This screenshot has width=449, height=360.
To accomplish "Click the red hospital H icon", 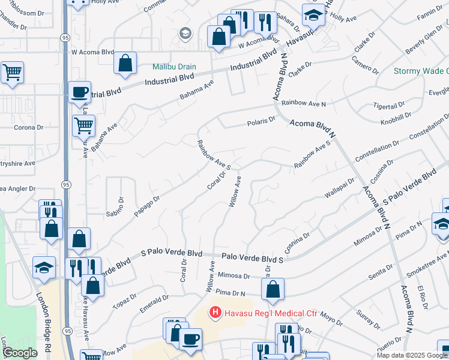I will [214, 313].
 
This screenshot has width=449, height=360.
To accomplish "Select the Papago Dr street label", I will [147, 206].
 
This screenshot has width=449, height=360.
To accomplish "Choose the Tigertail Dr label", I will [391, 105].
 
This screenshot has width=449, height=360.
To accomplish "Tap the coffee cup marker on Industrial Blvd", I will [79, 92].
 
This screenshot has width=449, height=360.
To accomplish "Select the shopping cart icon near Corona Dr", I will [83, 125].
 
